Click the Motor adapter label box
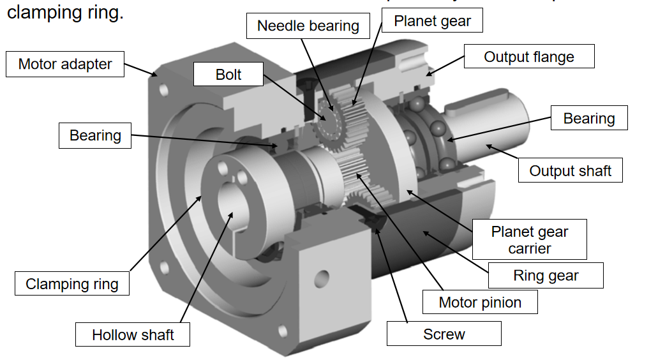tap(65, 64)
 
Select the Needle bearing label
tap(308, 26)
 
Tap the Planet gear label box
tap(432, 20)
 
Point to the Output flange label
tap(529, 57)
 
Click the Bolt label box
tap(228, 75)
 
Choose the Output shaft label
tap(570, 170)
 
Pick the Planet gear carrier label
tap(530, 239)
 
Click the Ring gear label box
tap(546, 276)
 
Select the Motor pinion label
tap(480, 302)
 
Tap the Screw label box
tap(444, 334)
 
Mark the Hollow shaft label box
tap(133, 334)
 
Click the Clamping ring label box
tap(72, 284)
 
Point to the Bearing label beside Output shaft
tap(588, 119)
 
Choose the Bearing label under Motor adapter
tap(95, 135)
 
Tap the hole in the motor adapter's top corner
tap(164, 91)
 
